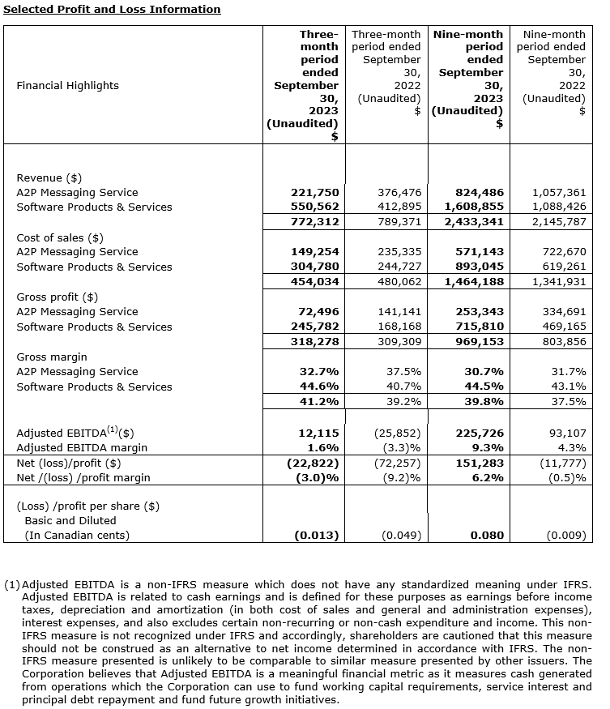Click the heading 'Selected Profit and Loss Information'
click(x=112, y=10)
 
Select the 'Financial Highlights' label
click(x=67, y=86)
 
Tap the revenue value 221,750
click(x=316, y=193)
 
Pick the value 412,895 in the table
click(x=399, y=207)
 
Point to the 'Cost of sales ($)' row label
click(x=60, y=237)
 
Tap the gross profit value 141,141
click(x=399, y=312)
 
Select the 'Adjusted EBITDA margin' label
click(x=82, y=447)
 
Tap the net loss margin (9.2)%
click(x=401, y=477)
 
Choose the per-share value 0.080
click(x=487, y=535)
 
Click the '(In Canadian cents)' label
click(x=77, y=535)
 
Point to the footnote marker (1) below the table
click(x=11, y=584)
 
